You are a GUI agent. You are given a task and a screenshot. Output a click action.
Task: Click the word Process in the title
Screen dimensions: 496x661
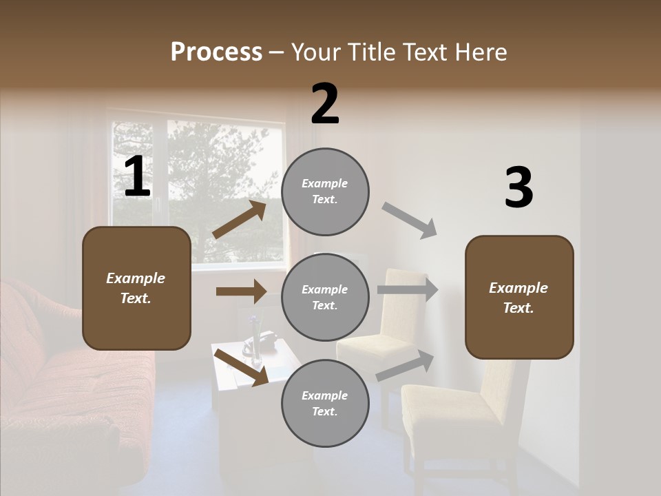coord(216,52)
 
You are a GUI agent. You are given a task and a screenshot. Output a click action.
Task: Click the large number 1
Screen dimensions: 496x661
coord(137,177)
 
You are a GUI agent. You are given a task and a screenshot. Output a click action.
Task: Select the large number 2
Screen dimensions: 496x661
coord(325,104)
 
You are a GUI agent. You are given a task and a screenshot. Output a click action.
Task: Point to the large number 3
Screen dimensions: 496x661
coord(518,188)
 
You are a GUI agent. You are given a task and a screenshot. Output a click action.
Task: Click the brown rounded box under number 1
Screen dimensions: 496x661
coord(136,288)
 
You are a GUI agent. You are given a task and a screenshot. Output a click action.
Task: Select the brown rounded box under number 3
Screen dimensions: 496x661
coord(519,297)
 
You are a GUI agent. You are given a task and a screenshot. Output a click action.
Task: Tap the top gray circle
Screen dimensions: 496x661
coord(325,192)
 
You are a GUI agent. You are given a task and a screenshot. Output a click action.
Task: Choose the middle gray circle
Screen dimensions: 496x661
coord(325,298)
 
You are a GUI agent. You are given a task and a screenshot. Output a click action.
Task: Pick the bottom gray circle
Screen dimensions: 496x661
coord(325,404)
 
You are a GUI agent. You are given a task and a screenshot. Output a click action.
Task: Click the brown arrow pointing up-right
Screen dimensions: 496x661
coord(240,219)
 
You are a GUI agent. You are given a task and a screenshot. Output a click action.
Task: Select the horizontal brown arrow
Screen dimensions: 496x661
coord(241,291)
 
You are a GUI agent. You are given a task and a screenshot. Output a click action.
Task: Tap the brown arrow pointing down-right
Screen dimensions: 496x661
coord(241,366)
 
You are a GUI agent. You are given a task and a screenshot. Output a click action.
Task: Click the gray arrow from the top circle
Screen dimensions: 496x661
coord(410,220)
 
